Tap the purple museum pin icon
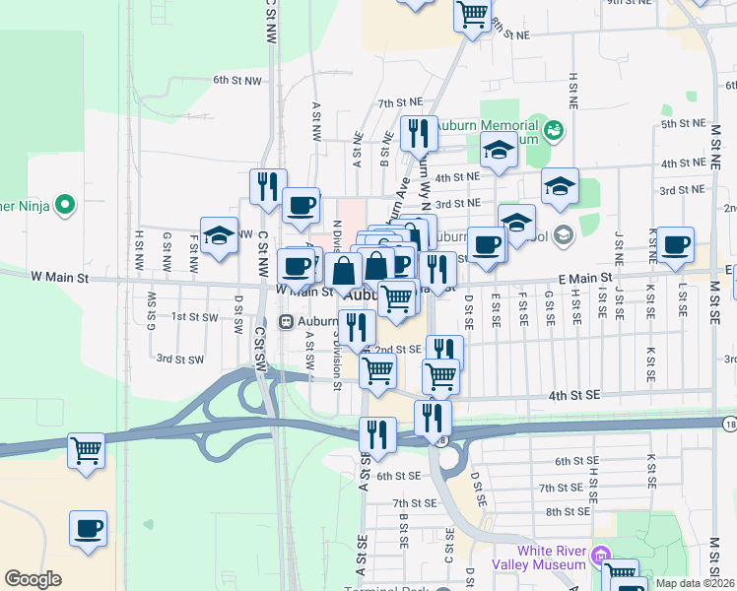coord(599,558)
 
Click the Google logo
coord(32,579)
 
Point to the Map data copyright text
coord(694,583)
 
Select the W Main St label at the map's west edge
coord(59,279)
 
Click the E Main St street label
coord(584,280)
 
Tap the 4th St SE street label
coord(574,395)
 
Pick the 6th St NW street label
coord(237,80)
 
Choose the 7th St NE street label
coord(399,102)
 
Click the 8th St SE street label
coord(567,511)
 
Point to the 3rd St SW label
coord(179,360)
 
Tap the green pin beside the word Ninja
coord(66,205)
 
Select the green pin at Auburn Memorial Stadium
coord(553,128)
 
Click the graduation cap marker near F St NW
coord(219,236)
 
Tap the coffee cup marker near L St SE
coord(676,245)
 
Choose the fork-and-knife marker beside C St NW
coord(269,185)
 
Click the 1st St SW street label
coord(194,316)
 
